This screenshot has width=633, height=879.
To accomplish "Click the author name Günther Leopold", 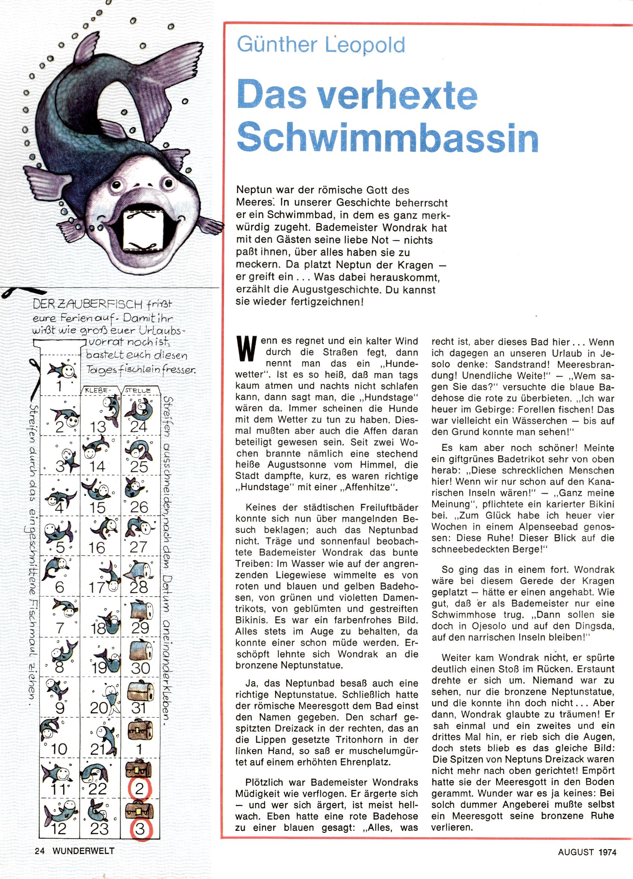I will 321,45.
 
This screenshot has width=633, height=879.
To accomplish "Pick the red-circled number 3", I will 140,829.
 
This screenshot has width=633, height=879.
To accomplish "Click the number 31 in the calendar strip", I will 138,708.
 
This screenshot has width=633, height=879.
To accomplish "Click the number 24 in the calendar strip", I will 138,426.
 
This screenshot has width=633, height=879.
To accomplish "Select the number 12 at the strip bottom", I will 59,829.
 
